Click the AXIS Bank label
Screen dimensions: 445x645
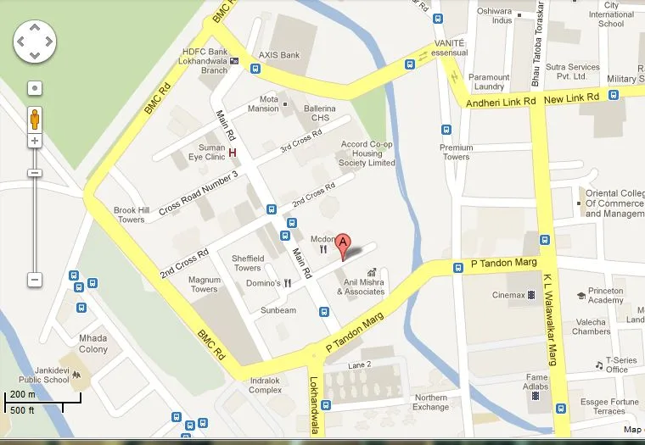[279, 55]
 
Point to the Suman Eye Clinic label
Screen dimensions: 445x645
[206, 153]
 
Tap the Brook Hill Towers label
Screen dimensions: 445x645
[131, 214]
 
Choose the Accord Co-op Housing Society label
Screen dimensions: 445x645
[367, 153]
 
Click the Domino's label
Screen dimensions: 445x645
[263, 283]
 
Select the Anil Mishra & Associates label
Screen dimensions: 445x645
[361, 286]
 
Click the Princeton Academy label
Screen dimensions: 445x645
[606, 295]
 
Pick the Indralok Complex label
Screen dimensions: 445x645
[265, 386]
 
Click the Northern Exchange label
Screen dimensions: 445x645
[431, 402]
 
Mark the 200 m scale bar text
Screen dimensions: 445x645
[22, 395]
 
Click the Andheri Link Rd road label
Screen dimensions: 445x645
[501, 100]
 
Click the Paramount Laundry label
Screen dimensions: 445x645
[489, 81]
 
